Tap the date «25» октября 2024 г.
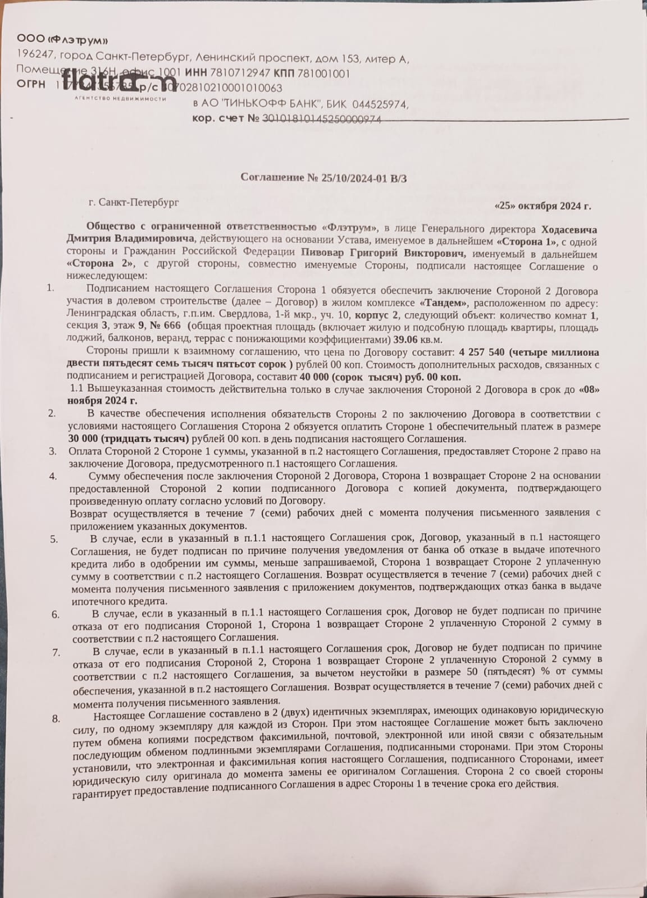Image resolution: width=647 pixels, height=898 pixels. (x=543, y=206)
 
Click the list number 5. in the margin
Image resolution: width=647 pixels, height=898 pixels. (x=53, y=539)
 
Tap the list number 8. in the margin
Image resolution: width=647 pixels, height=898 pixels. (x=56, y=718)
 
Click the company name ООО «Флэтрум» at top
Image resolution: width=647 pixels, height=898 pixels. (x=62, y=39)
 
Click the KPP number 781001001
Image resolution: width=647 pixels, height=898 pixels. (x=322, y=73)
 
